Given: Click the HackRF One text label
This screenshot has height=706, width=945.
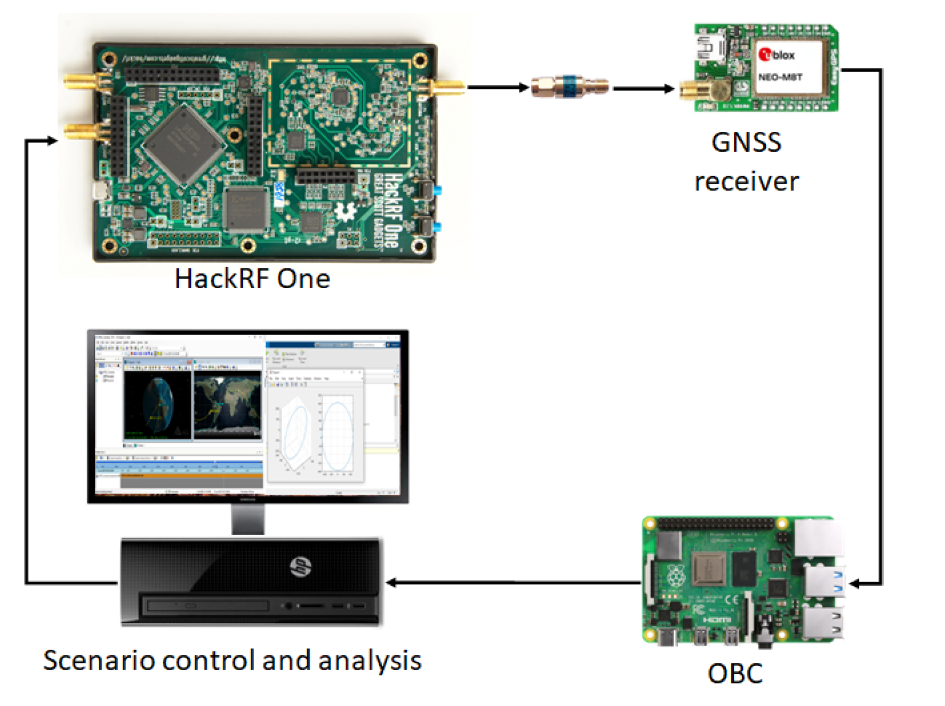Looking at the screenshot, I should pyautogui.click(x=252, y=279).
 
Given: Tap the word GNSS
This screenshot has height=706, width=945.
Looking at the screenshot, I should pyautogui.click(x=746, y=142).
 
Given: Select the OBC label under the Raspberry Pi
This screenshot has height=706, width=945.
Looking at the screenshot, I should pyautogui.click(x=735, y=673).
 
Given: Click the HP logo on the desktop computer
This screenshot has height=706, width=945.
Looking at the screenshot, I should pyautogui.click(x=300, y=567).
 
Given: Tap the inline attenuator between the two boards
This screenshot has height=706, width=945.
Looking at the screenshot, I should pyautogui.click(x=570, y=86).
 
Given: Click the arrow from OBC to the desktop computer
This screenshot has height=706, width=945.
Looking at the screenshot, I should pyautogui.click(x=512, y=582).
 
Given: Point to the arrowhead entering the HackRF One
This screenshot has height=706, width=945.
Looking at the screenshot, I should pyautogui.click(x=52, y=141).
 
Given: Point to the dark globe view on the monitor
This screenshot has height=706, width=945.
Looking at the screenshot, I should pyautogui.click(x=157, y=405).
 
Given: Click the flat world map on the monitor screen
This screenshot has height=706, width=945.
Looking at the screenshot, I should pyautogui.click(x=228, y=405).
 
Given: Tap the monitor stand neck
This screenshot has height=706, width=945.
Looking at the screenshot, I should pyautogui.click(x=248, y=519).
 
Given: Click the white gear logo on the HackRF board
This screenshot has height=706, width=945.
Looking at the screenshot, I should pyautogui.click(x=345, y=212).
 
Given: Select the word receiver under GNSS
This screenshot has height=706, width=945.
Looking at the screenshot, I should pyautogui.click(x=746, y=181).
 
